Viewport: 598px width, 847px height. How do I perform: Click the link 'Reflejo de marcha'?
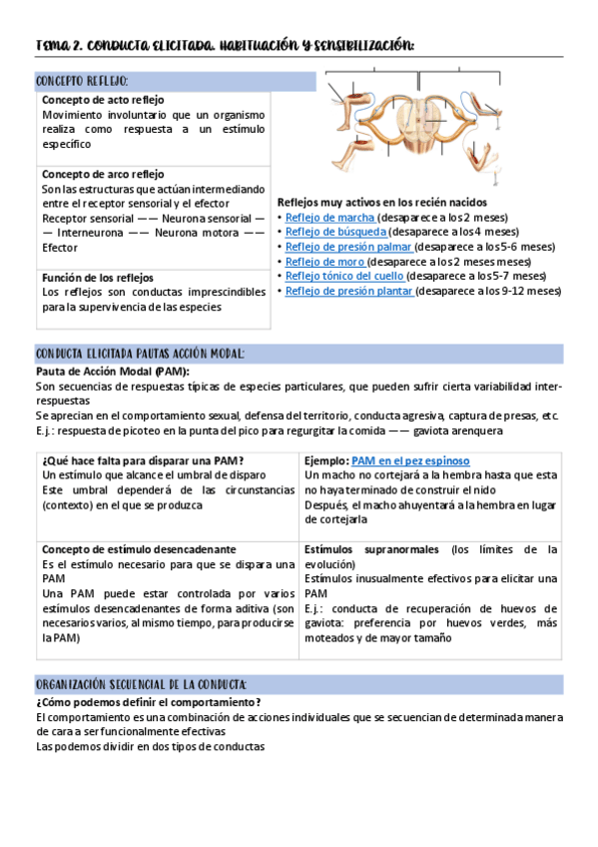tap(330, 217)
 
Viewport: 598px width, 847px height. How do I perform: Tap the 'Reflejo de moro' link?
tap(325, 262)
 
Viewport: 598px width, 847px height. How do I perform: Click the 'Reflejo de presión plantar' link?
tap(349, 292)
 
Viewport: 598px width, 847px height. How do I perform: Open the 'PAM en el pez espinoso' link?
tap(410, 460)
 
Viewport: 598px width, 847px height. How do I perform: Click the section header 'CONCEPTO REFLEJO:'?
tap(82, 81)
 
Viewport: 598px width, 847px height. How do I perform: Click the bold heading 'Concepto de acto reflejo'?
tap(103, 101)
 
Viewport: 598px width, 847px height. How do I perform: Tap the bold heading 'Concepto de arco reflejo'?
tap(103, 174)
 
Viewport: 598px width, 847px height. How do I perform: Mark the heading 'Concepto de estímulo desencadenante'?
tap(139, 549)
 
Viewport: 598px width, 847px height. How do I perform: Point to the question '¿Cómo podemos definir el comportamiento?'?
tap(141, 702)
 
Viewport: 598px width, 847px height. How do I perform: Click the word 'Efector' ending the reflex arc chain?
tap(60, 247)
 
